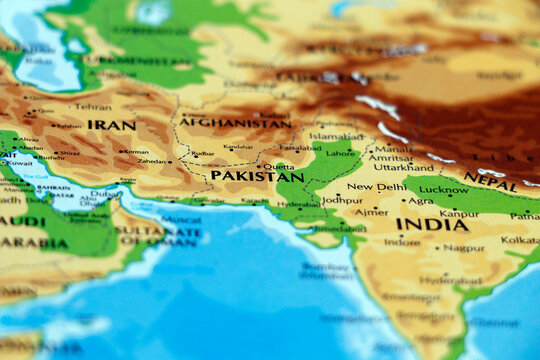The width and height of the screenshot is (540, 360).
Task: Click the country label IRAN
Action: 111,125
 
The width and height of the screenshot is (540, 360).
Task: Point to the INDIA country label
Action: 431,225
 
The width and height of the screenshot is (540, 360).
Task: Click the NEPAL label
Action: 490,181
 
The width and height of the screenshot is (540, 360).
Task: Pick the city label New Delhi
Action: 375,187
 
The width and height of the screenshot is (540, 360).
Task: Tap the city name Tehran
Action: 93,106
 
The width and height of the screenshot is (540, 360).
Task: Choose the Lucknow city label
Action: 443,189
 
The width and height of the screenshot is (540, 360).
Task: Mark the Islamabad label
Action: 336,136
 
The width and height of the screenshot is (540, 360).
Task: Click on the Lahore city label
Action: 341,154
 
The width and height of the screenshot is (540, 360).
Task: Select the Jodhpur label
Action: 342,200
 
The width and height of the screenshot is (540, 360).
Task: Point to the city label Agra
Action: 421,201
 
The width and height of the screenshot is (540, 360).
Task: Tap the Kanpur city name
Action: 459,213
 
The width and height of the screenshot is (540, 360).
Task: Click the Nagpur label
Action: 464,248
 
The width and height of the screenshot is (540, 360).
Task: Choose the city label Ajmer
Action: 371,212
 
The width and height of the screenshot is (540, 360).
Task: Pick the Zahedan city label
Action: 152,160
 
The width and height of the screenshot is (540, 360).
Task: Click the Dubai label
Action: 104,194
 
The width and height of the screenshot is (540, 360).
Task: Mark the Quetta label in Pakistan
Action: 279,167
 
